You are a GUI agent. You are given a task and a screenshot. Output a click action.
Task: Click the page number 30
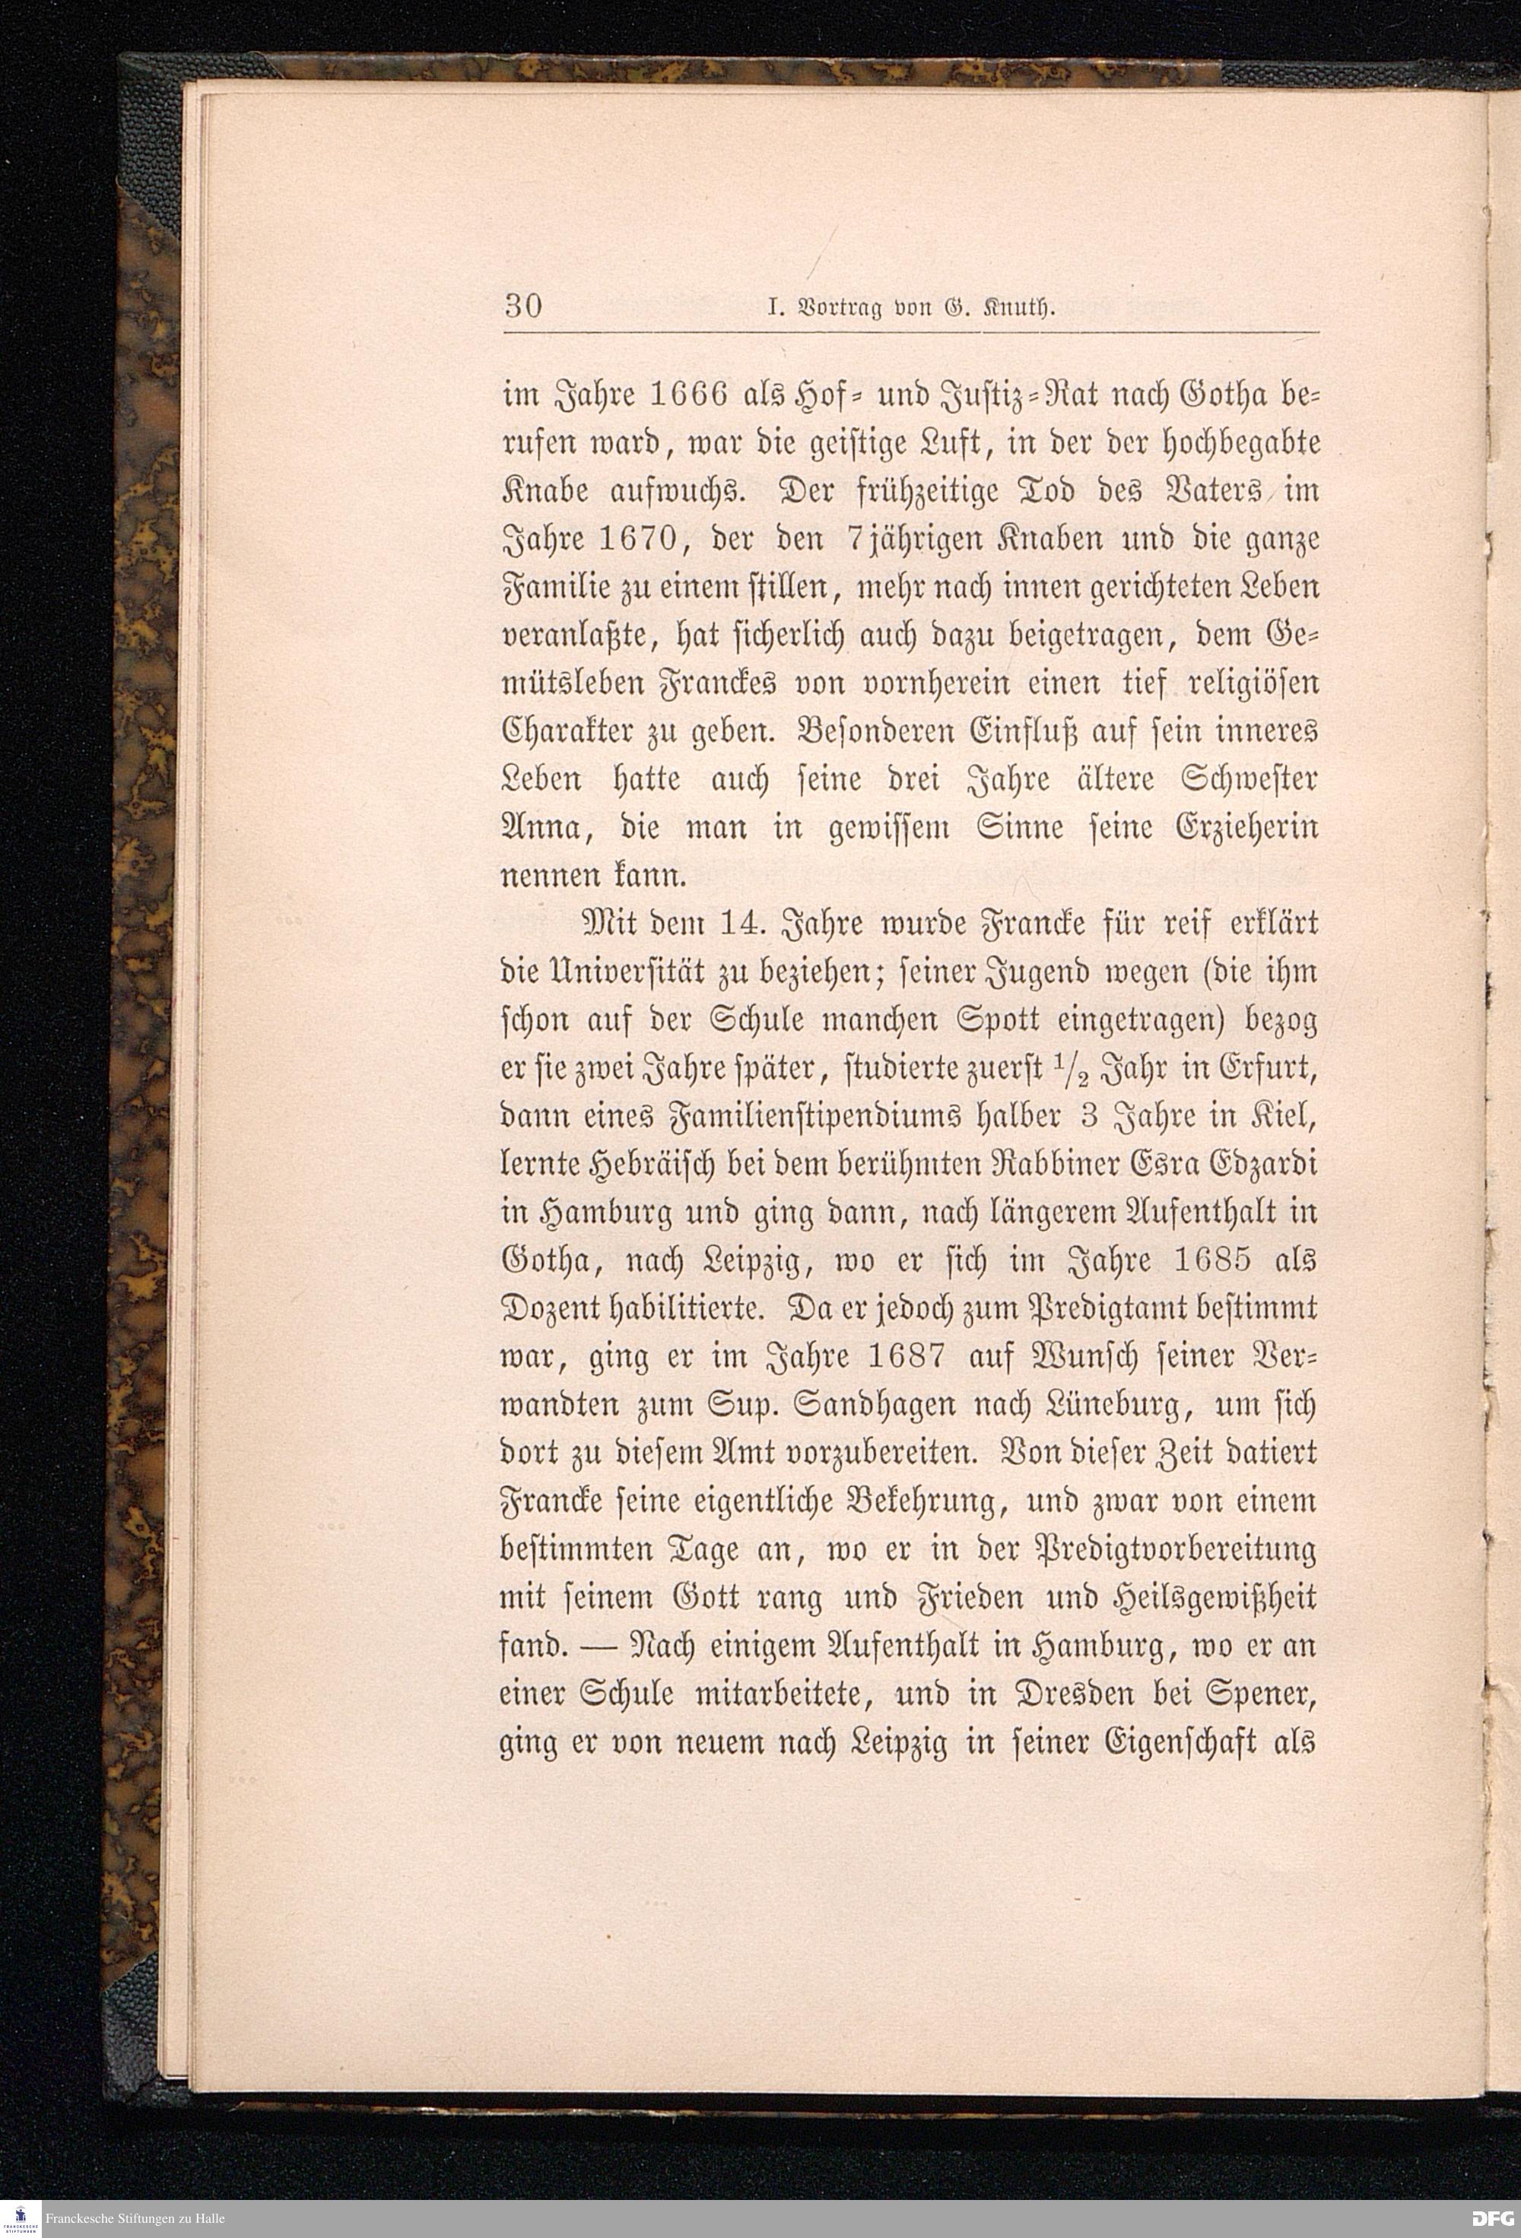[523, 307]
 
